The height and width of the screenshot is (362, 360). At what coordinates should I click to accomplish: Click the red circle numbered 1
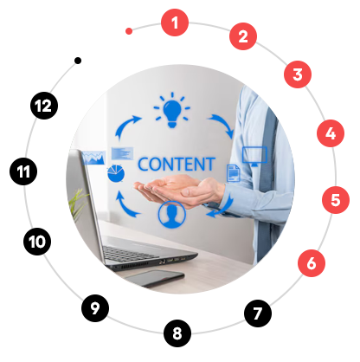(175, 23)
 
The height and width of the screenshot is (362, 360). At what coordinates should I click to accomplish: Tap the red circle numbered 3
(298, 74)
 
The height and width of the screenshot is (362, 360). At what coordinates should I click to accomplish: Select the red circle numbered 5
(336, 200)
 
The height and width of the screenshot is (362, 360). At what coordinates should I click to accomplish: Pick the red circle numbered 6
(312, 263)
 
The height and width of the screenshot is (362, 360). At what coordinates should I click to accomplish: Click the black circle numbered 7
(258, 314)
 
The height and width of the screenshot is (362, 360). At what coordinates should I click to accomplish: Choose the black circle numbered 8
(177, 333)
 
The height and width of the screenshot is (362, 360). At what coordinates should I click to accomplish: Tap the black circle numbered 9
(95, 308)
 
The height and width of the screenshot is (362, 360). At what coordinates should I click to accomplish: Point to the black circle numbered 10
(37, 242)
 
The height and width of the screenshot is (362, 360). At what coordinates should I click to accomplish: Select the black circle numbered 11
(23, 171)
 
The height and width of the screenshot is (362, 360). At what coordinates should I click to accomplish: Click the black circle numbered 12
(44, 106)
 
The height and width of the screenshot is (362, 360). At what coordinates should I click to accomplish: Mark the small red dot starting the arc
(129, 31)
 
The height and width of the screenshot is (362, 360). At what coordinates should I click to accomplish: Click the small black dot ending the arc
(78, 61)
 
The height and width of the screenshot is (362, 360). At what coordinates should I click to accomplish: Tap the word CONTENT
(177, 164)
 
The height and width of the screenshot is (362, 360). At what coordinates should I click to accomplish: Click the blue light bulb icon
(172, 111)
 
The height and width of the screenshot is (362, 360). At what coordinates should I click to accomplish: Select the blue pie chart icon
(116, 173)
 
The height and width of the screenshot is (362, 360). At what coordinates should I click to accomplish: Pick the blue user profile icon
(171, 215)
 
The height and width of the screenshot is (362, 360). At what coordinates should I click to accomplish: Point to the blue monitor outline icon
(254, 156)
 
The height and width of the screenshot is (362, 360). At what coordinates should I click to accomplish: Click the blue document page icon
(234, 173)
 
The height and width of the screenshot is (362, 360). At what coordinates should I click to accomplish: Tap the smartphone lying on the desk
(155, 278)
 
